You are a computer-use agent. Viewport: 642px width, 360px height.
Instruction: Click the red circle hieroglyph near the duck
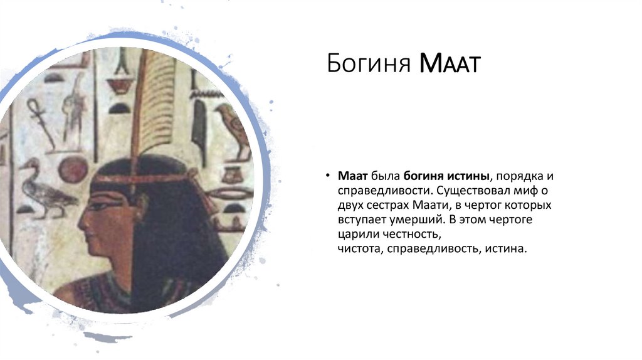(x=74, y=169)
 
